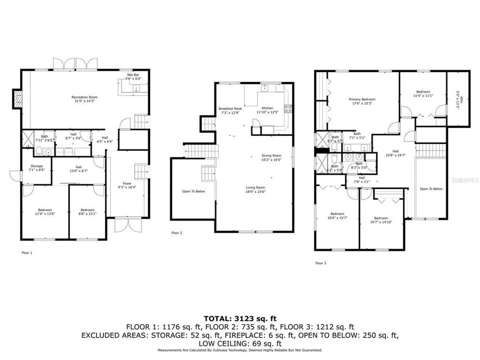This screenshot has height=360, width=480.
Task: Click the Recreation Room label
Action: click(x=84, y=98)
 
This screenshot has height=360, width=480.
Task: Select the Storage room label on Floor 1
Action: click(x=37, y=168)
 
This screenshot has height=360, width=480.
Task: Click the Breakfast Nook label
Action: click(x=230, y=110)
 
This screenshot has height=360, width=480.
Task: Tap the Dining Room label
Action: click(x=271, y=157)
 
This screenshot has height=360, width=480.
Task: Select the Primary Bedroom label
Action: click(x=361, y=101)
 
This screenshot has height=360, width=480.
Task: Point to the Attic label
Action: click(x=457, y=99)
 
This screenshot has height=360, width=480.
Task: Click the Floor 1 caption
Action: click(x=27, y=253)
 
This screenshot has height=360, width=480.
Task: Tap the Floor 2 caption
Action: click(x=176, y=233)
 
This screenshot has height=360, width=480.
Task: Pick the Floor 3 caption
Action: click(x=320, y=262)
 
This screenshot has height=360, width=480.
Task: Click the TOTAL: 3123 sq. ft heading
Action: click(x=239, y=318)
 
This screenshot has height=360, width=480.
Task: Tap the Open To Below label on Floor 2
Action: click(x=191, y=191)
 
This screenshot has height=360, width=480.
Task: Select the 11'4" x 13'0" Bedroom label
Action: click(x=45, y=211)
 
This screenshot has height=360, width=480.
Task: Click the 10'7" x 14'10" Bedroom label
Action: click(x=381, y=220)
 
